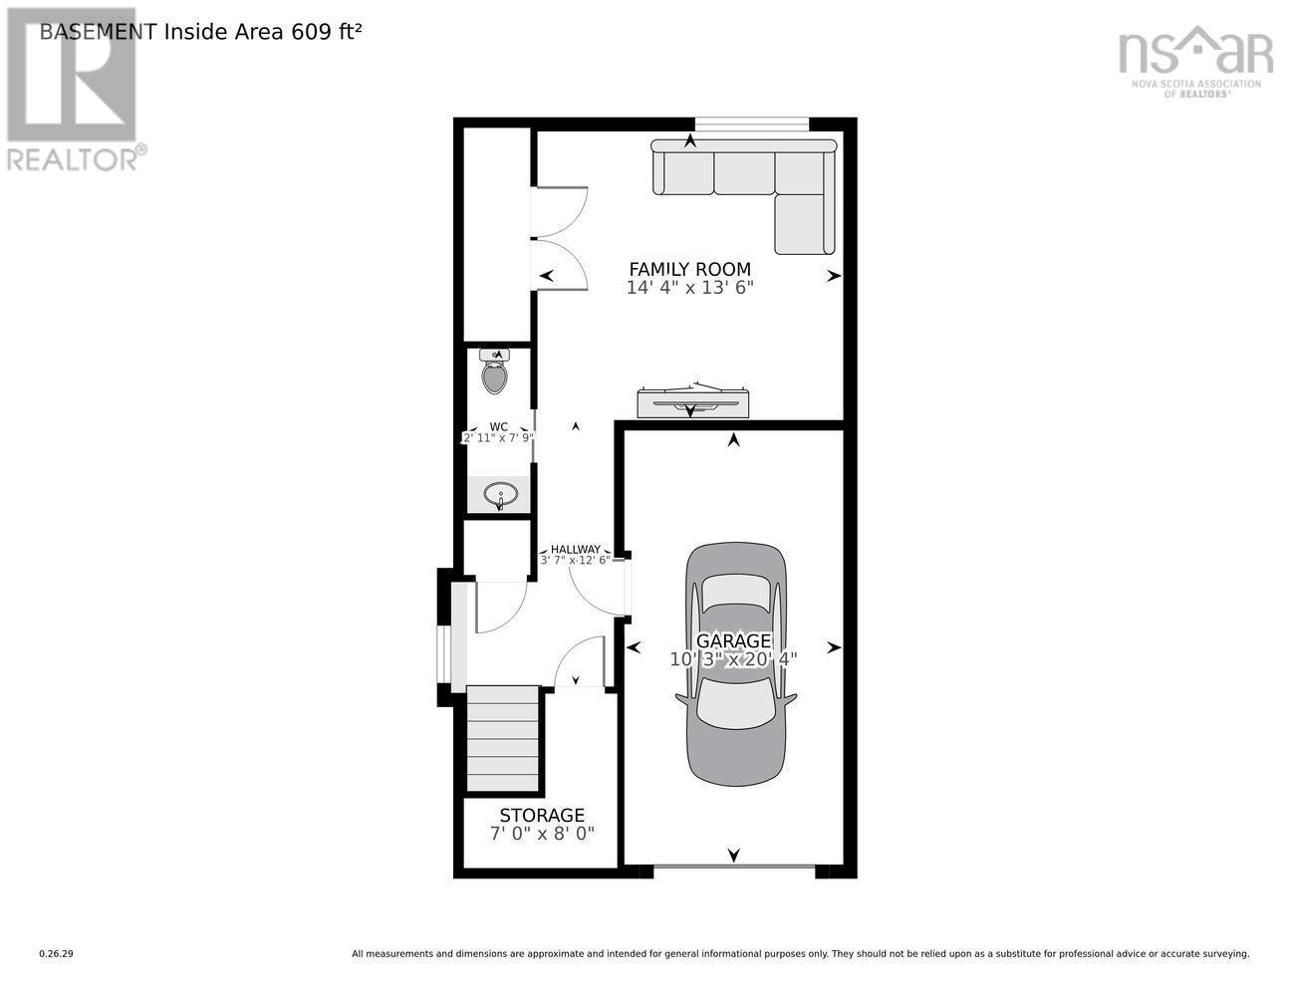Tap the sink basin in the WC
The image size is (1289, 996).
click(x=501, y=494)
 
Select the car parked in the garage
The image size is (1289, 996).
click(x=735, y=663)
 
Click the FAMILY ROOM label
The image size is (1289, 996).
click(x=690, y=269)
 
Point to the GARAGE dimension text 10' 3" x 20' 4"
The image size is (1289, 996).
click(x=733, y=659)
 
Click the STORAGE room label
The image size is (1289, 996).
click(x=542, y=815)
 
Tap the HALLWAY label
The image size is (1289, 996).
click(x=576, y=550)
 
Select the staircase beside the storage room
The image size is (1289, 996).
click(x=502, y=739)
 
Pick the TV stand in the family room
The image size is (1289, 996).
click(x=693, y=402)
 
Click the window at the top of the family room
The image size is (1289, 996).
click(x=752, y=124)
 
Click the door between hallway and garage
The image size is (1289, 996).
click(x=626, y=587)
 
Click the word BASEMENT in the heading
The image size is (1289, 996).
click(x=99, y=32)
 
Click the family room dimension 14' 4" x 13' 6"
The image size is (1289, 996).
click(x=690, y=288)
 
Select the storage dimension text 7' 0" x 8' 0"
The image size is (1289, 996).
click(x=542, y=834)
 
